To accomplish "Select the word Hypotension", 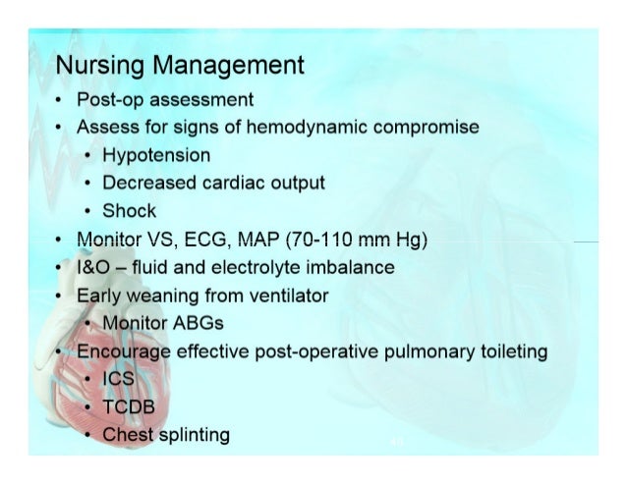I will pos(156,155).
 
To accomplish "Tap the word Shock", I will pos(130,211).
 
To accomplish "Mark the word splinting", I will pos(194,434).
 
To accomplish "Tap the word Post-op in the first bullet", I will pos(110,99).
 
